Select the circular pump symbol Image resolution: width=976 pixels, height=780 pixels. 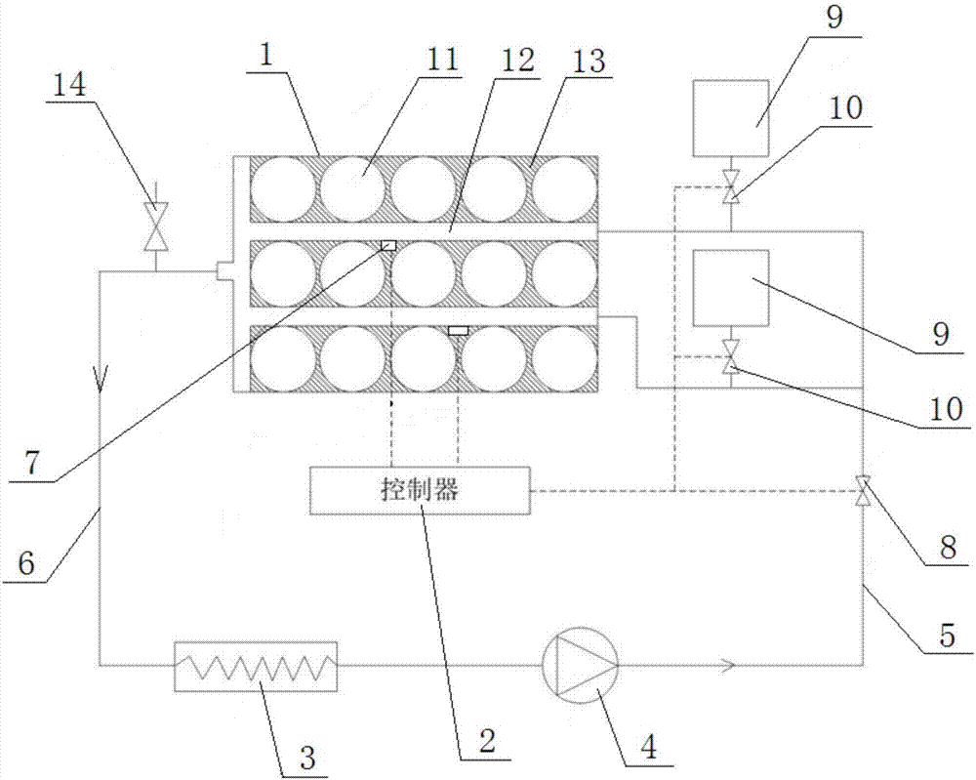(x=580, y=665)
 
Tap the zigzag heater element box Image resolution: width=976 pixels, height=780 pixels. (x=255, y=666)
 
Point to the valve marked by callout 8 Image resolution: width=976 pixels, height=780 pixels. (x=863, y=490)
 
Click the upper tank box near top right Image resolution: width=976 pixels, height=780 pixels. (x=730, y=118)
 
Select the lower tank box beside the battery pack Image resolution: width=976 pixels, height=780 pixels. (x=730, y=288)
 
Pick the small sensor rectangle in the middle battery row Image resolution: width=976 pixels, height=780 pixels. (x=388, y=245)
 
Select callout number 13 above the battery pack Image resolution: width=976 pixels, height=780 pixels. (x=590, y=60)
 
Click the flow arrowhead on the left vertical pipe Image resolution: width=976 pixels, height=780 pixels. (x=100, y=376)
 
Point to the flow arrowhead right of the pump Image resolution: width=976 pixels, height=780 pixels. (x=727, y=666)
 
